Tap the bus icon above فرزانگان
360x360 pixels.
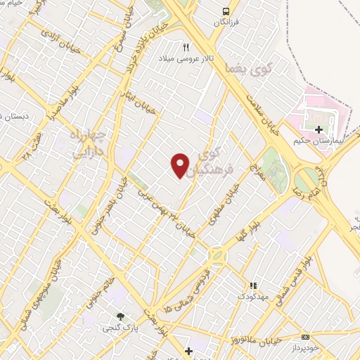(x=226, y=11)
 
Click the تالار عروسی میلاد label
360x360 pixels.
(x=185, y=58)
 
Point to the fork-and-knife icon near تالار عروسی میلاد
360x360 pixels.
(x=186, y=48)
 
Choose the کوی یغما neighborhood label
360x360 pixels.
(x=240, y=69)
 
